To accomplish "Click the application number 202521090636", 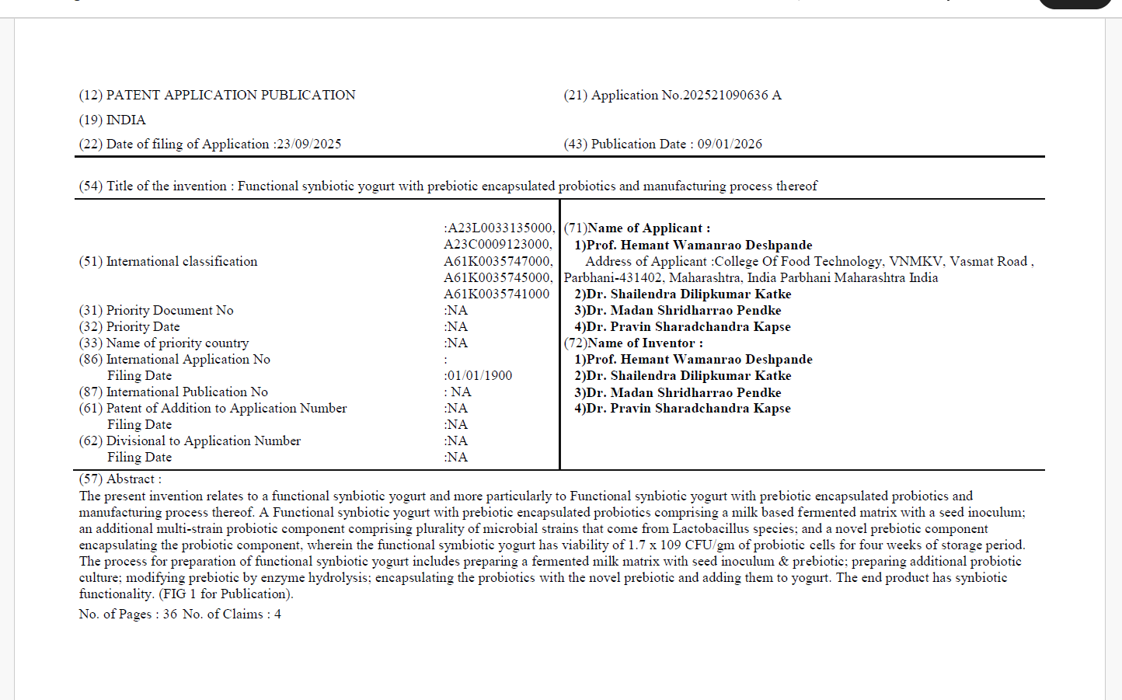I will coord(726,95).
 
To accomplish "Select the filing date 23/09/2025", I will coord(309,144).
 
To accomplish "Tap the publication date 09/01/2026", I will coord(730,144).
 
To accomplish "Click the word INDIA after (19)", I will coord(126,120).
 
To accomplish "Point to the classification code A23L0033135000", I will coord(500,228).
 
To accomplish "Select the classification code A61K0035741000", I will coord(497,294).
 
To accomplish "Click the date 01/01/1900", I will coord(479,375).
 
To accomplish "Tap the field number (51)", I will coord(90,261).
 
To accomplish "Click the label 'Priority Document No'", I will coord(169,310).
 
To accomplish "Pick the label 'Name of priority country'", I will coord(177,343).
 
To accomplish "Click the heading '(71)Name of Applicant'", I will coord(636,228).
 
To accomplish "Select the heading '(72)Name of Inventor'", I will coord(632,343).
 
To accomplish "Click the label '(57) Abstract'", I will coord(120,479).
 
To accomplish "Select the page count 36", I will coord(169,614).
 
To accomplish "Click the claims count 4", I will coord(277,614).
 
